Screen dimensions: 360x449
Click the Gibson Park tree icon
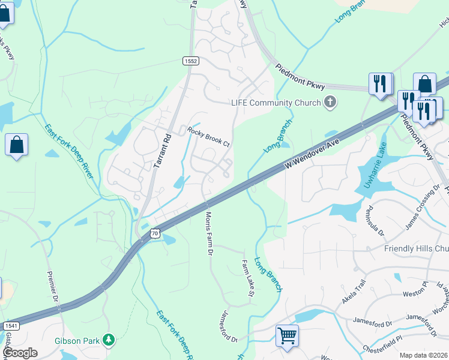tap(108, 341)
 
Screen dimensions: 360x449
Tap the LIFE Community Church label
tap(276, 103)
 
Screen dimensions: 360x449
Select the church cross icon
tap(330, 102)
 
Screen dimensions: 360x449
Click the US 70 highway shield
tap(155, 232)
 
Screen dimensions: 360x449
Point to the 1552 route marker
tap(190, 61)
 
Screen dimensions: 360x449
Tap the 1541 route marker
tap(10, 325)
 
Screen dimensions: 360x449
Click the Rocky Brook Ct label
tap(208, 137)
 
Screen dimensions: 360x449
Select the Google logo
tap(20, 352)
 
